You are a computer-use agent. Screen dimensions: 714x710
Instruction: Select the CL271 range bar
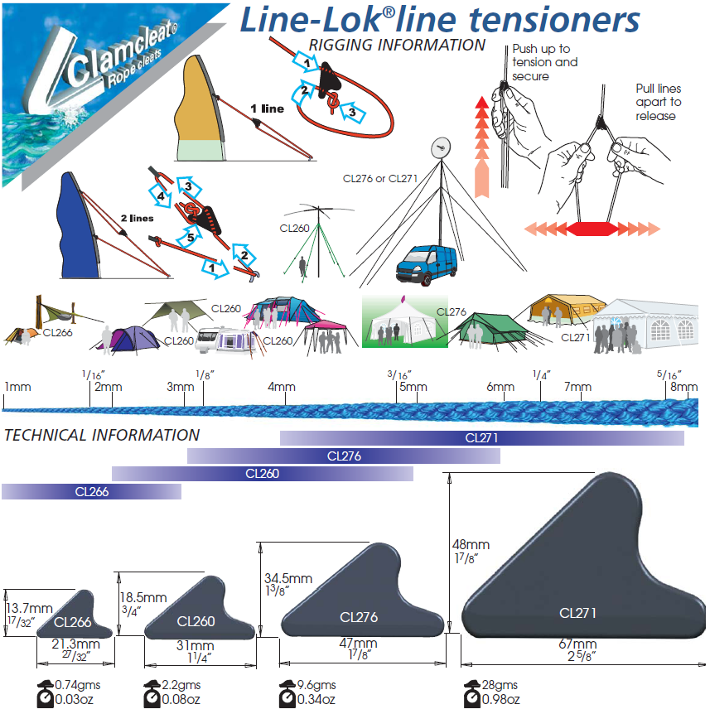[x=481, y=438]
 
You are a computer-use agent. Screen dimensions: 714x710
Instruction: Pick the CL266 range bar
[x=91, y=491]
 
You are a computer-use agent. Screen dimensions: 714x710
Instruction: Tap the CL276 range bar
[x=344, y=456]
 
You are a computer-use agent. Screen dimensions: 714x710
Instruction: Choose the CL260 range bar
[x=262, y=474]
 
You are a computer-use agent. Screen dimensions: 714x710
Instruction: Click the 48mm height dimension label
[x=471, y=544]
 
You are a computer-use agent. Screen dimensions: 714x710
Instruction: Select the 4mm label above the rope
[x=282, y=387]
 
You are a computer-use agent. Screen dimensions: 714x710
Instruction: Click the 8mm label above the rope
[x=683, y=387]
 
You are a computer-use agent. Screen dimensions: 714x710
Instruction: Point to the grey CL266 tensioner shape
[x=71, y=616]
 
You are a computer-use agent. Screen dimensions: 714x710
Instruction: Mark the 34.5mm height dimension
[x=287, y=578]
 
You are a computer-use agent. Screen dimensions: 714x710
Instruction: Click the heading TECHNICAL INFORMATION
[x=102, y=435]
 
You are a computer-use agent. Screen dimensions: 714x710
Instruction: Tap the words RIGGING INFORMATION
[x=396, y=45]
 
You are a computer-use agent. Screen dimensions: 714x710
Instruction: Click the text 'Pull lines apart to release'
[x=658, y=102]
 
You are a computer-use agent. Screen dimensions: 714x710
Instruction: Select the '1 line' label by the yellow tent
[x=267, y=109]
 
